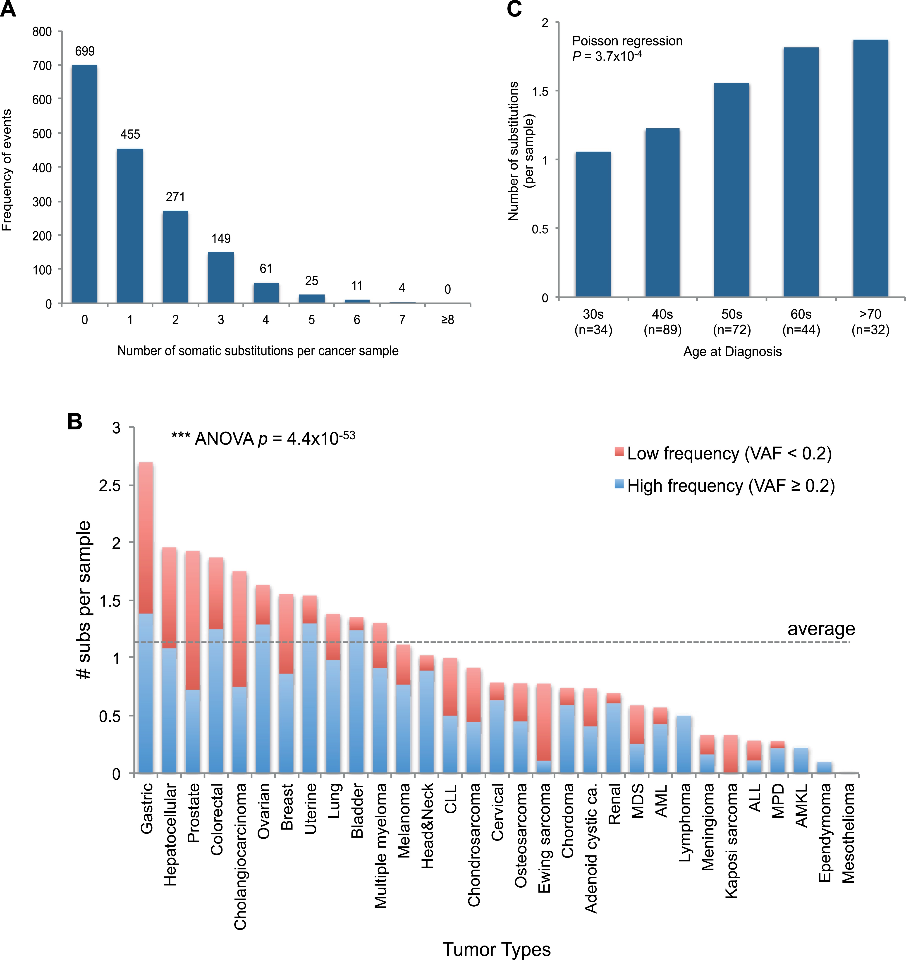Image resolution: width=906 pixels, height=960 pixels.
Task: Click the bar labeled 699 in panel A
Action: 84,183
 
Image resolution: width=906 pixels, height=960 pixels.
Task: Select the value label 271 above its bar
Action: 175,197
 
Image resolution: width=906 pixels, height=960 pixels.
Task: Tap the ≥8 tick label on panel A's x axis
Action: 448,320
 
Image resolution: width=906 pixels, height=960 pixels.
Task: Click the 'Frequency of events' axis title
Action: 7,170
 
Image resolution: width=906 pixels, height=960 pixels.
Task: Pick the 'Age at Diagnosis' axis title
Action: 732,352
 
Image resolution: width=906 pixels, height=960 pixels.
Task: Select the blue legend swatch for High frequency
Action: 619,484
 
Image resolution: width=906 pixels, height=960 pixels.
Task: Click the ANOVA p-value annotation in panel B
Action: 263,438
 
